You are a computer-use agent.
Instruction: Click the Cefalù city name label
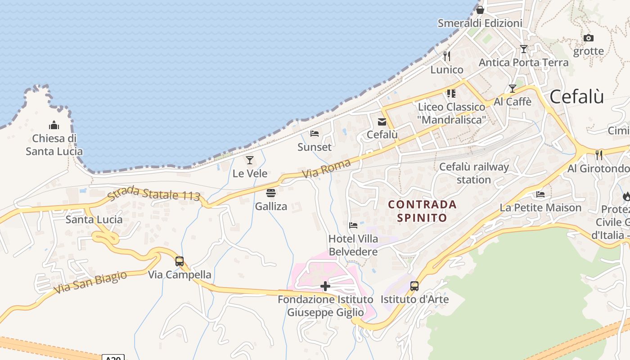tap(576, 97)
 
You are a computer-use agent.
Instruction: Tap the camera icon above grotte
tap(588, 38)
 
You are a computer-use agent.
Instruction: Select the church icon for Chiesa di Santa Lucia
tap(54, 125)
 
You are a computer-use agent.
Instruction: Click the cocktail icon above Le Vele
tap(250, 160)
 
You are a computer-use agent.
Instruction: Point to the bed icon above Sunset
tap(315, 134)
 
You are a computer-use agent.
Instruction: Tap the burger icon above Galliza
tap(271, 193)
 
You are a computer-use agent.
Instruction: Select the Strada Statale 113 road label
tap(153, 193)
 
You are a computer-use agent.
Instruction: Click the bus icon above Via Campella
tap(180, 261)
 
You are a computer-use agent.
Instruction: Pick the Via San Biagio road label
tap(90, 283)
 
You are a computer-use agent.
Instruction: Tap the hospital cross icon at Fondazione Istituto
tap(325, 286)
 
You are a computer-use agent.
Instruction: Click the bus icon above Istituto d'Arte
tap(414, 286)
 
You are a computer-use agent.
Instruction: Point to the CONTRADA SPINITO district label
tap(422, 211)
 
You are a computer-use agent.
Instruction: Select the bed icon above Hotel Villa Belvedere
tap(353, 225)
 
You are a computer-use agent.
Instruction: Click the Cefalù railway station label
tap(474, 173)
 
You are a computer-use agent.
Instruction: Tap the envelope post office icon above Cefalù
tap(382, 121)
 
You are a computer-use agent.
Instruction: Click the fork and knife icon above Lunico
tap(447, 56)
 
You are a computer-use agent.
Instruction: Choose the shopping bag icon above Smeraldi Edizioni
tap(480, 10)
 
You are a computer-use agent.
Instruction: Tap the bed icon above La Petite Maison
tap(540, 194)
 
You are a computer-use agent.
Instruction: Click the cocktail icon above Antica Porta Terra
tap(523, 49)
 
